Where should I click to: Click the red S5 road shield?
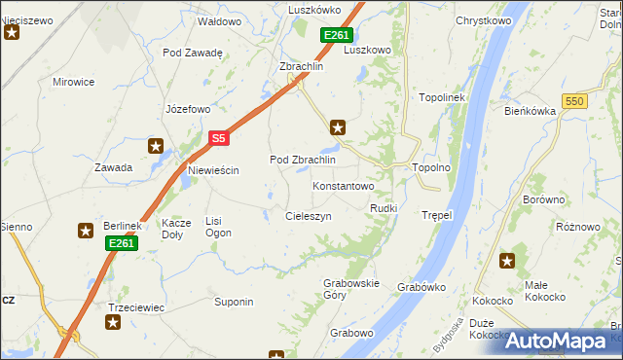[218, 139]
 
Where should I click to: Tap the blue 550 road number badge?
[576, 101]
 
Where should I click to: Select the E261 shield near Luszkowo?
[336, 35]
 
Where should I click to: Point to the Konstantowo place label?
[343, 185]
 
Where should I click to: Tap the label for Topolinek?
[444, 98]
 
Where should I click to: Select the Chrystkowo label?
[484, 19]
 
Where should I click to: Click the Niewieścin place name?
[211, 170]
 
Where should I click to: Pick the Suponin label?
[234, 302]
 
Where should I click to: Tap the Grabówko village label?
[421, 287]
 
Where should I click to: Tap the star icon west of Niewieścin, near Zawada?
[155, 146]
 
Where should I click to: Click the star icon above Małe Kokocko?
[507, 260]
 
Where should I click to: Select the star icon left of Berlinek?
[85, 231]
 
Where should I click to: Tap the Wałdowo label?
[219, 20]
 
